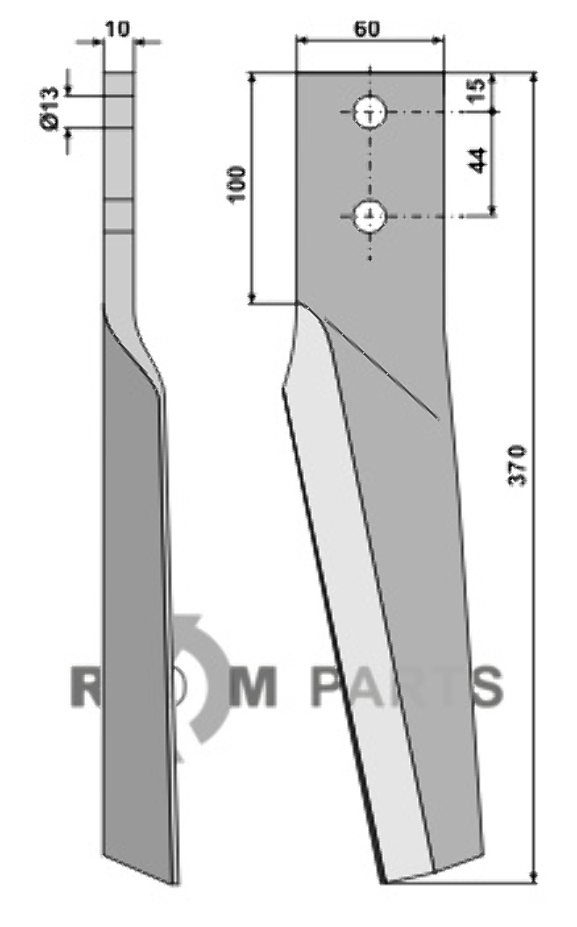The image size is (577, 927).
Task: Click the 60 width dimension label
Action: point(367,28)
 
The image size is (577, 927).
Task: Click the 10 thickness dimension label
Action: point(118,28)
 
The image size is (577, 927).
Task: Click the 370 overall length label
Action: point(517,466)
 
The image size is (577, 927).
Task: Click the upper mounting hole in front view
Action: point(370,111)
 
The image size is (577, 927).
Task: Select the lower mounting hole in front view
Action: point(370,216)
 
